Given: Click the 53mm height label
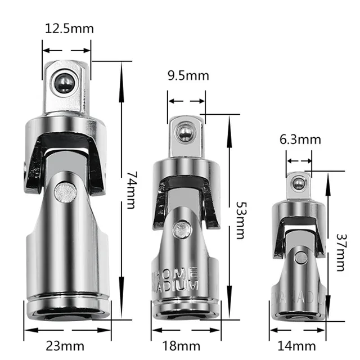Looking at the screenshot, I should click(x=240, y=219).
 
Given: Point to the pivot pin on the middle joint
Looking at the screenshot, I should click(x=181, y=229).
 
